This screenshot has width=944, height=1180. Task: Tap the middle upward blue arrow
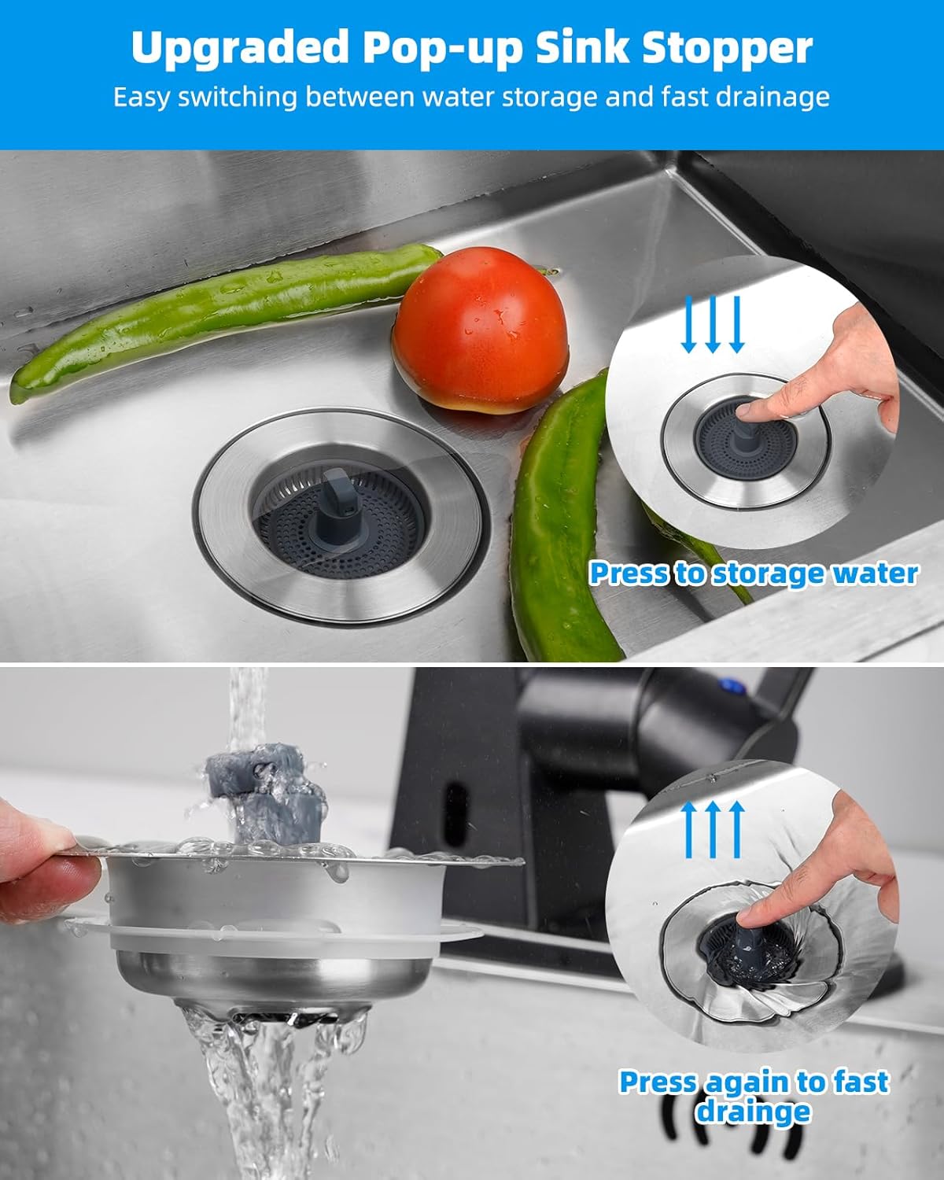(712, 829)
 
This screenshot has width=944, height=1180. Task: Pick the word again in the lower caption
(747, 1082)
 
